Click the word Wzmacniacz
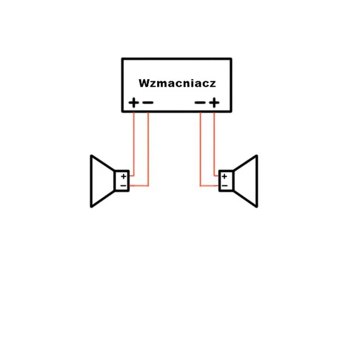[177, 83]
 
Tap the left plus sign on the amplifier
[134, 103]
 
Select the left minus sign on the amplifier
[148, 103]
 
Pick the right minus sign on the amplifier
[200, 103]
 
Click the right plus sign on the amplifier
[214, 103]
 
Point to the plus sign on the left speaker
[124, 176]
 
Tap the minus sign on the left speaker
[123, 185]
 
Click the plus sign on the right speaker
[224, 176]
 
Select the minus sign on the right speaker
[225, 185]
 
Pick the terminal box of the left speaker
[122, 181]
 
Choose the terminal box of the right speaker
[226, 181]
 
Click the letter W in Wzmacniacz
[144, 83]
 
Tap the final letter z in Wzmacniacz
[213, 84]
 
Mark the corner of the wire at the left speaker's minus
[148, 185]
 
